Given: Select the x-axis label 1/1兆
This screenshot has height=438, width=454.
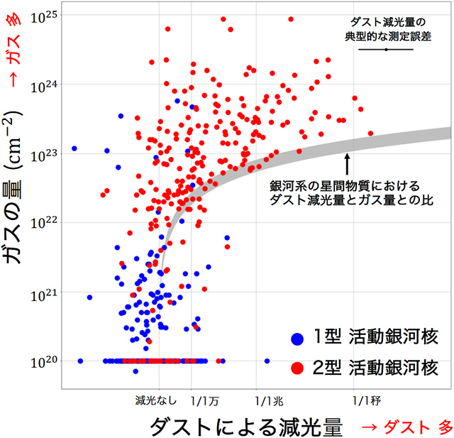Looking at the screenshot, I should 269,400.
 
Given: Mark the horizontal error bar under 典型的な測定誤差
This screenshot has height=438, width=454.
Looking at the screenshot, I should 385,50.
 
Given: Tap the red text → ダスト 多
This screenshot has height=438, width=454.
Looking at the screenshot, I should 406,427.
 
